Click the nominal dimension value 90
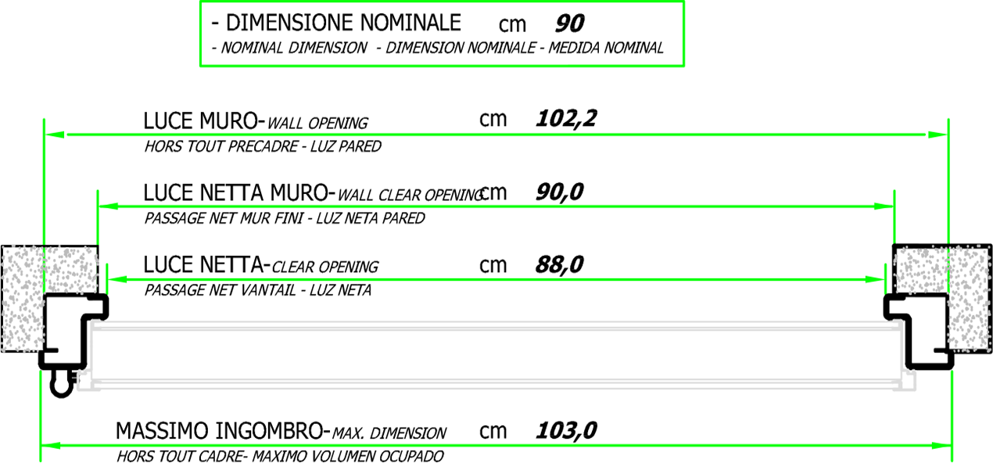click(568, 23)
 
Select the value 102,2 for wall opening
click(566, 119)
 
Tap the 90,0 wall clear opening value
click(559, 192)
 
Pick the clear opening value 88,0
click(559, 265)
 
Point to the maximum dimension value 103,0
click(566, 430)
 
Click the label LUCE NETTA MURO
click(236, 192)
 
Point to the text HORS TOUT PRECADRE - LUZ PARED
click(263, 146)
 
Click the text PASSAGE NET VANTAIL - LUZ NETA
click(257, 290)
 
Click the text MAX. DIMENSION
click(389, 433)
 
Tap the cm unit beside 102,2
click(493, 119)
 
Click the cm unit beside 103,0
click(493, 431)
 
